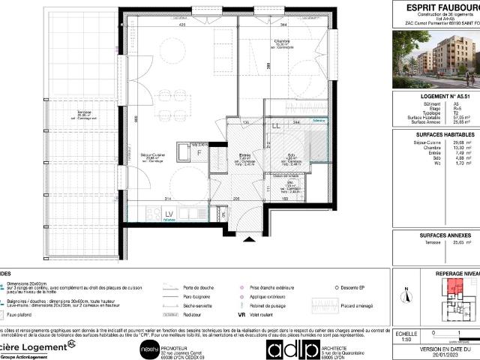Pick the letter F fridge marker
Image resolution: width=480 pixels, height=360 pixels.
199,151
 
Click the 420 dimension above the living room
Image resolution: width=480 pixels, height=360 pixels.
160,25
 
